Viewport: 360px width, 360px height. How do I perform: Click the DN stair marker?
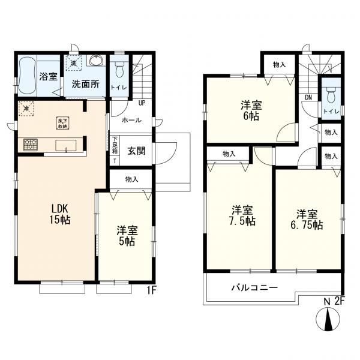coord(308,97)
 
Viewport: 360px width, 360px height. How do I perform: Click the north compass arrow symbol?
coord(328,320)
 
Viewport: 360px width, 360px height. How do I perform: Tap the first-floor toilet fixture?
coord(119,70)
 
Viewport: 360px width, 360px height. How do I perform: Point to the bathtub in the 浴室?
coord(27,76)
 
